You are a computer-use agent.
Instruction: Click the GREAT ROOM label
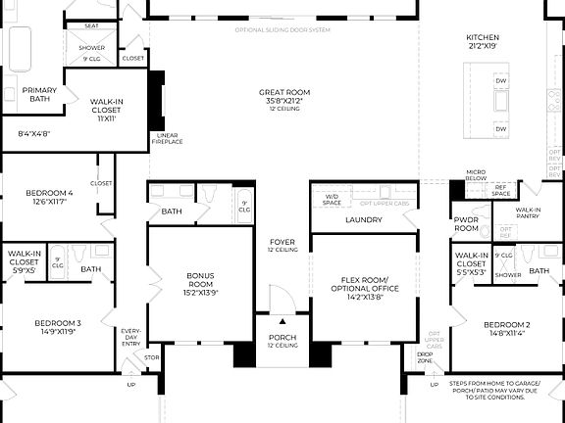[282, 91]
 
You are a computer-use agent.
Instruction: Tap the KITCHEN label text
[483, 39]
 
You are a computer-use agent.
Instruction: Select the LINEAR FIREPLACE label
[168, 138]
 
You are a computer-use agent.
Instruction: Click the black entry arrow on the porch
[282, 320]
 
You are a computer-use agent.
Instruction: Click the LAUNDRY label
[363, 219]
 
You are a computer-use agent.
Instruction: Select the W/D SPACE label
[333, 200]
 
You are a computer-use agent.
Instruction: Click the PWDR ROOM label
[465, 225]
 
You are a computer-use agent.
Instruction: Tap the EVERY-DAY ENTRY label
[130, 337]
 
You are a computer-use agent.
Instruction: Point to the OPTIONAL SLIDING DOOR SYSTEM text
[282, 29]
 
